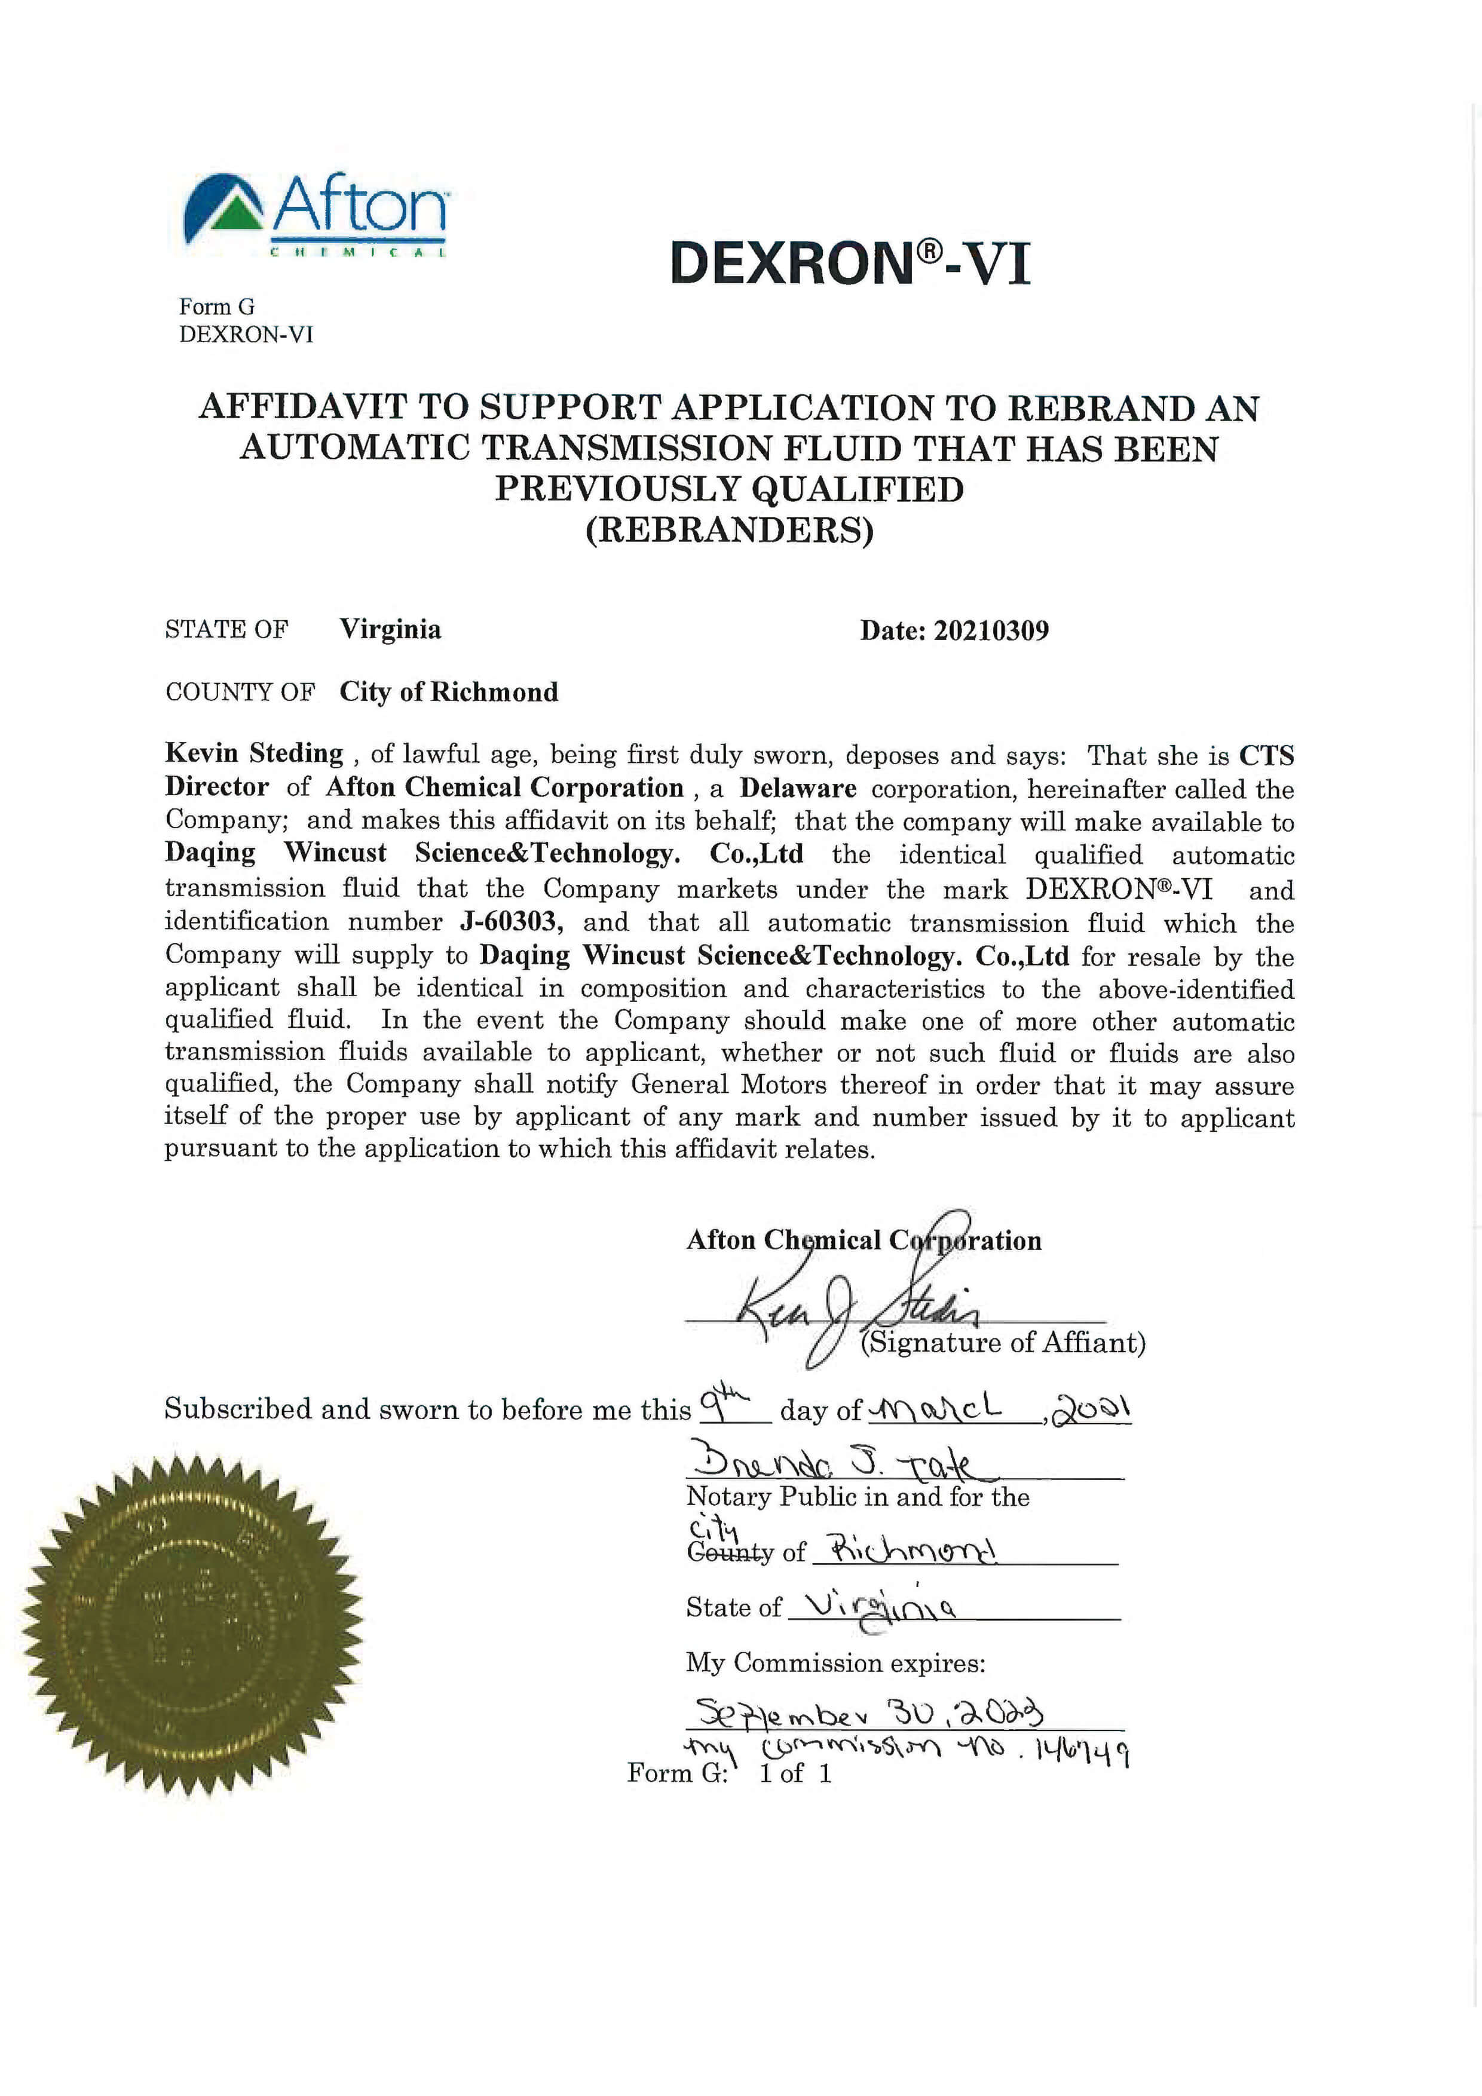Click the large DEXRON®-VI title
(849, 264)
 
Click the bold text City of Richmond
(448, 692)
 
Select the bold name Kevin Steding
(254, 753)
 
